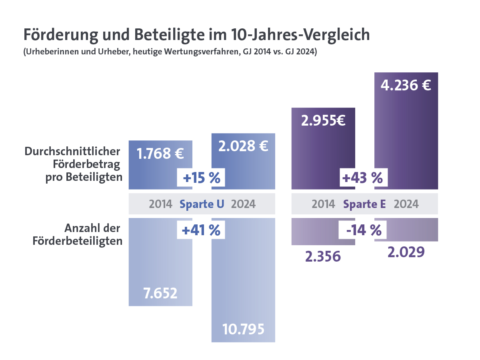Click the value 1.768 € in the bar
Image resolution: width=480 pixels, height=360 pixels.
click(x=160, y=154)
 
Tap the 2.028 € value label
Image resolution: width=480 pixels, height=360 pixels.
click(x=243, y=146)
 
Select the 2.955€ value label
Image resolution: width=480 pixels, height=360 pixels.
click(x=323, y=120)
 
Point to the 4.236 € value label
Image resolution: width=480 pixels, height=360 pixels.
click(x=406, y=86)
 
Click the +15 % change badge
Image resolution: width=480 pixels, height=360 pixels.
click(x=202, y=178)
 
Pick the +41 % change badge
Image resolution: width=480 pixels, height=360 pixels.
click(x=201, y=230)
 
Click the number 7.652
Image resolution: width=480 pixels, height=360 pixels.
click(x=160, y=293)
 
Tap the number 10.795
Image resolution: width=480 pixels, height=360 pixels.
click(x=243, y=329)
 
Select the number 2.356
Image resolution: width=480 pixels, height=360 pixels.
click(x=323, y=256)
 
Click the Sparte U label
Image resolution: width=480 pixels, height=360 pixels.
click(x=202, y=204)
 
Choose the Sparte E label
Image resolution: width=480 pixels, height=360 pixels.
click(x=364, y=204)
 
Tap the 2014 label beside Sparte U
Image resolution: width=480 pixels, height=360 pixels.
click(x=160, y=204)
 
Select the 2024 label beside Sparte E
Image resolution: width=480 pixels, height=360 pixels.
click(x=406, y=204)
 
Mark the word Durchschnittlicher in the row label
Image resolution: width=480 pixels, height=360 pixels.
click(x=72, y=152)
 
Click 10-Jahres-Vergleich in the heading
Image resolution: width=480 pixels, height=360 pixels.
click(x=300, y=35)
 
